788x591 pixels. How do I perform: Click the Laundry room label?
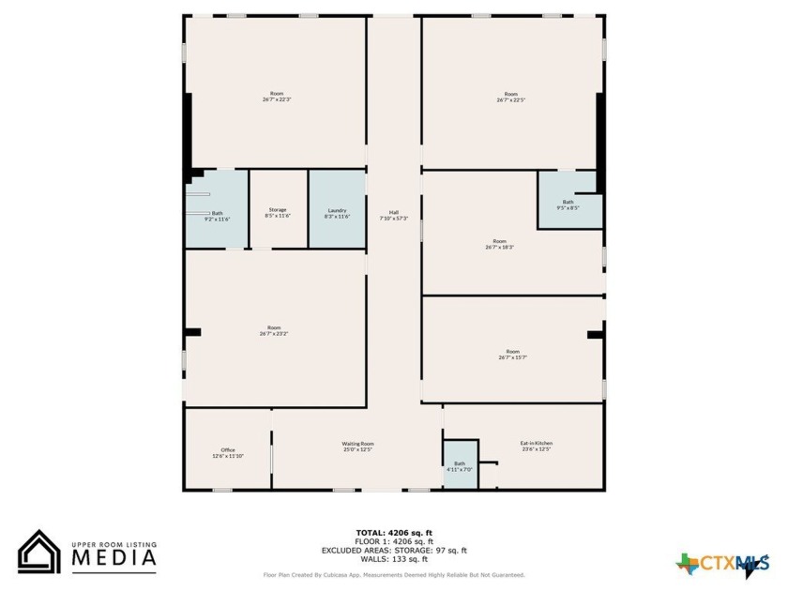[338, 209]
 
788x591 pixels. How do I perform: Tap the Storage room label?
[278, 209]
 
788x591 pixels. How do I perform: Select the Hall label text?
[394, 211]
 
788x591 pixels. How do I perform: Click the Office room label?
[228, 449]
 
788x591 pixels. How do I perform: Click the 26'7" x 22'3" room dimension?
[277, 99]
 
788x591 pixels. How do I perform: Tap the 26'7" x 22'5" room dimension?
[510, 99]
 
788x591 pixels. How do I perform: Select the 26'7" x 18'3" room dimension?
[499, 247]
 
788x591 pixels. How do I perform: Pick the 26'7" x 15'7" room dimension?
[510, 356]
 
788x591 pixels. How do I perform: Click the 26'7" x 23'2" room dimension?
[274, 333]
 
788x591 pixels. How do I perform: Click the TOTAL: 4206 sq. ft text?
[394, 533]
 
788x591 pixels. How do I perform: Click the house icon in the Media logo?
[39, 552]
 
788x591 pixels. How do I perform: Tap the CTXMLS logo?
[722, 564]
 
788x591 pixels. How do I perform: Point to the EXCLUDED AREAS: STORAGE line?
[394, 551]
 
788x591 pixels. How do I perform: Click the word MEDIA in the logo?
[114, 558]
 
